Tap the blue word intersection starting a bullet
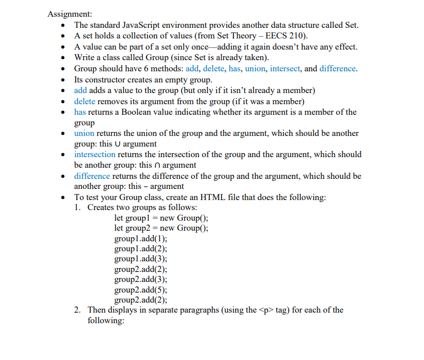click(95, 154)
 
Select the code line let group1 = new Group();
click(161, 218)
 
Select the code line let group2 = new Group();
click(161, 228)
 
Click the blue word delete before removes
click(85, 101)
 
